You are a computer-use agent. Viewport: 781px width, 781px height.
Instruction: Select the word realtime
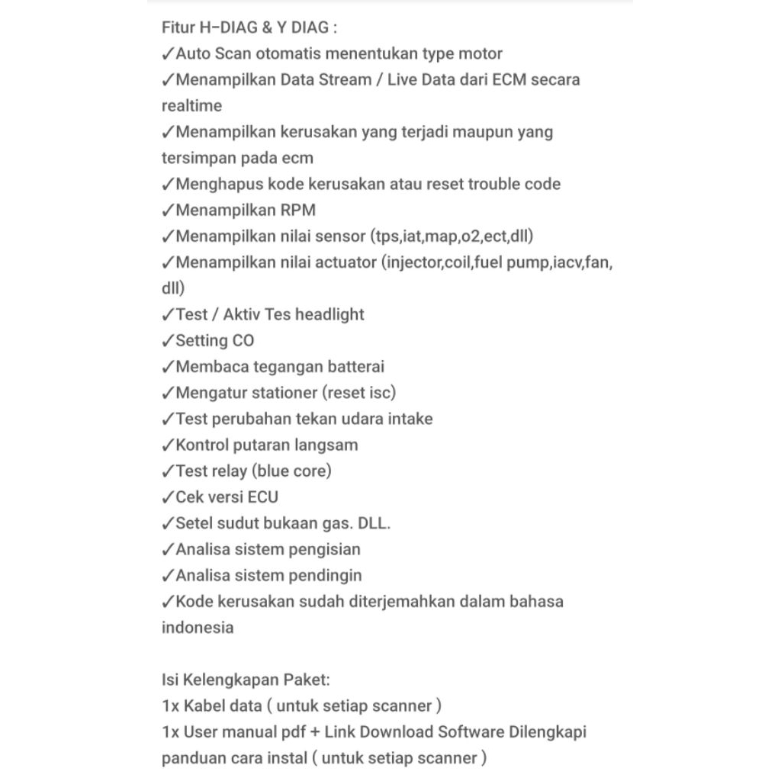(191, 106)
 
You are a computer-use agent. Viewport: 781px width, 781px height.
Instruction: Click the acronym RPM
(297, 210)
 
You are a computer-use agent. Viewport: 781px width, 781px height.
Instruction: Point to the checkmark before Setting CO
(168, 341)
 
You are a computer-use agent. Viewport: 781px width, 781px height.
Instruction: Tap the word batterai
(356, 367)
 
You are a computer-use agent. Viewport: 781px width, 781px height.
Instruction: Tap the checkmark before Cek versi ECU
(168, 497)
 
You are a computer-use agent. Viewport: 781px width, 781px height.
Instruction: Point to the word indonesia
(198, 628)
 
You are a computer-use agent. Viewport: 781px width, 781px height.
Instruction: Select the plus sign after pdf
(314, 732)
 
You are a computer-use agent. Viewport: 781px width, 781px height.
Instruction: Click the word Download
(396, 732)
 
